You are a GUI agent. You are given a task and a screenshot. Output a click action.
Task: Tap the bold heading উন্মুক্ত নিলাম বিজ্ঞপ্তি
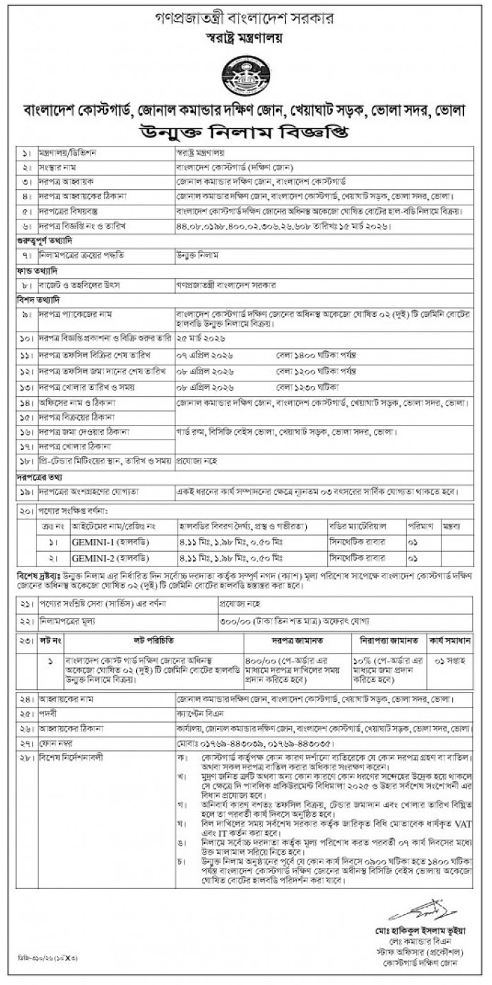tap(246, 133)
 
